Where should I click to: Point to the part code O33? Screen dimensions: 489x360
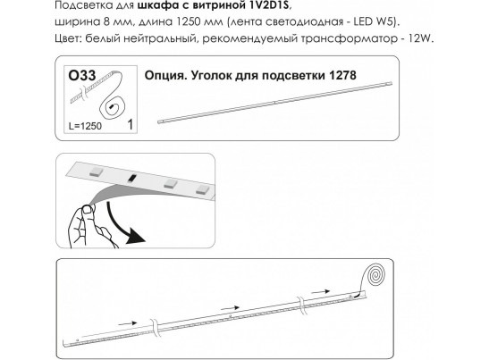click(x=81, y=75)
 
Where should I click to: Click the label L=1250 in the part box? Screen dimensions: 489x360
click(x=85, y=126)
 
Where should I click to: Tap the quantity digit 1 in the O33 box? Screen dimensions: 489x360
click(x=130, y=125)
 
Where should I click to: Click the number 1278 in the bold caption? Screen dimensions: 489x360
click(x=342, y=75)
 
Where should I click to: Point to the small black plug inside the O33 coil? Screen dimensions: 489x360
click(x=111, y=107)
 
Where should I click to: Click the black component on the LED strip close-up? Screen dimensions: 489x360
click(x=132, y=178)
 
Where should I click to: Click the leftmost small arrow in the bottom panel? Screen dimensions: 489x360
click(x=128, y=323)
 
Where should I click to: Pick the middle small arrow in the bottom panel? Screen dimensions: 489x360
click(x=230, y=308)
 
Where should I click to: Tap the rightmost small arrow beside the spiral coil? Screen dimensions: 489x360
click(x=321, y=292)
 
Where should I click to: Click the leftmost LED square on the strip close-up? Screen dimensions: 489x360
click(x=96, y=172)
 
